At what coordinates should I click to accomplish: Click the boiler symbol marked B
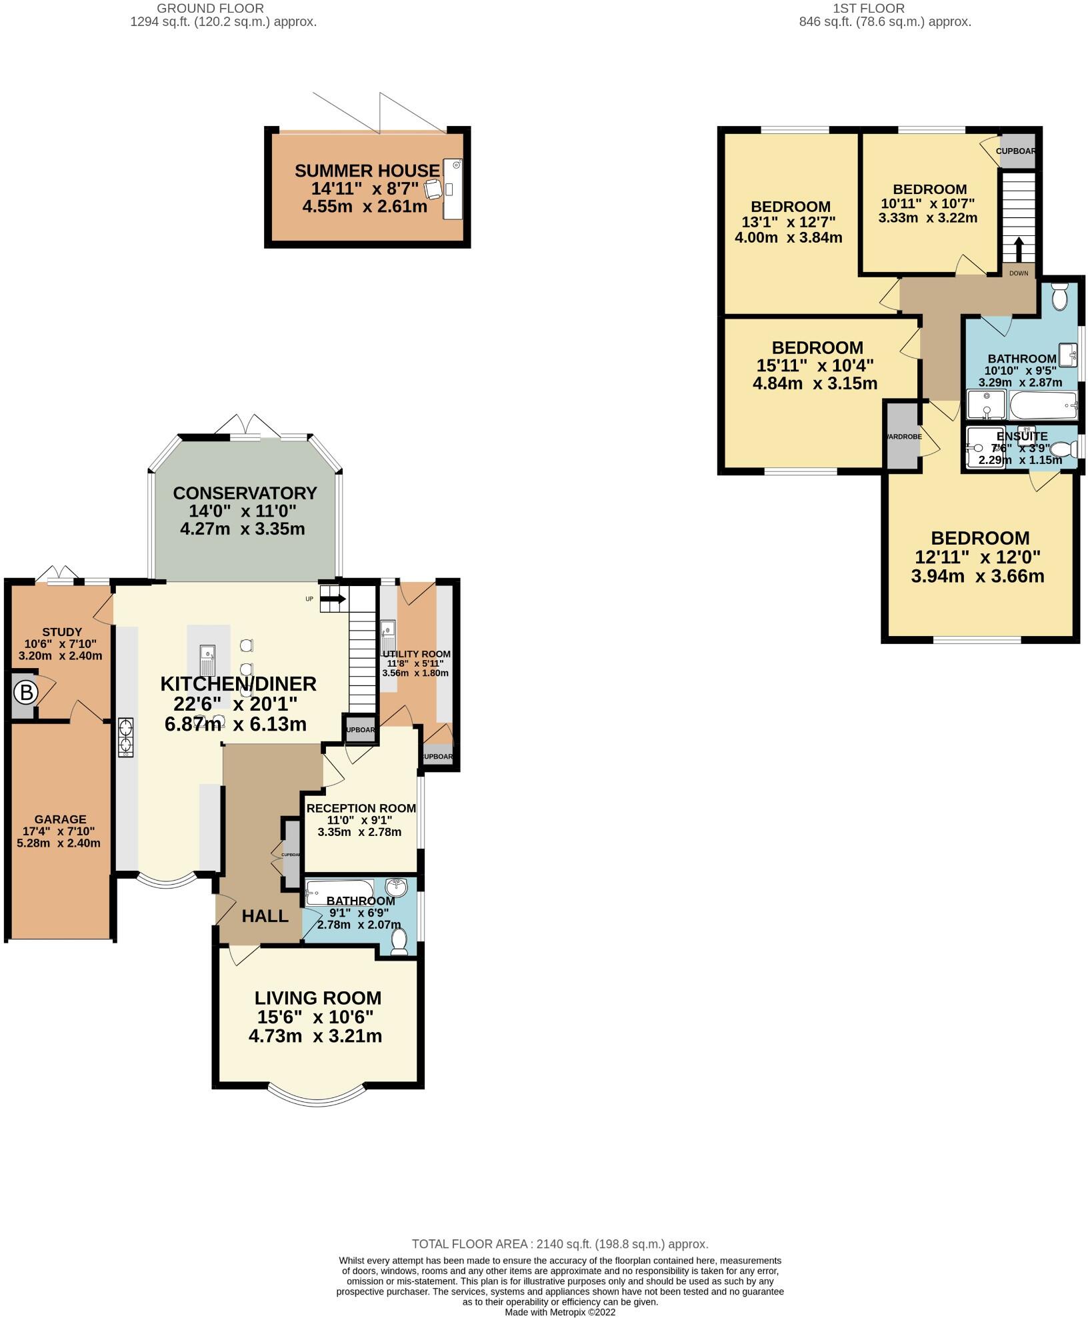point(26,693)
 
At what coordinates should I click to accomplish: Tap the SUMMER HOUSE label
point(367,171)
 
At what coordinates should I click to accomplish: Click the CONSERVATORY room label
point(245,493)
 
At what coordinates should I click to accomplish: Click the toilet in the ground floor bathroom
point(399,942)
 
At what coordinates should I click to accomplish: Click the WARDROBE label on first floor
point(903,437)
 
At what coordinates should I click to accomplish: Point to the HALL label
point(265,916)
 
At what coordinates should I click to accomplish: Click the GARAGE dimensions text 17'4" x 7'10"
point(60,831)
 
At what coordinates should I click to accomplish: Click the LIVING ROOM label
point(317,998)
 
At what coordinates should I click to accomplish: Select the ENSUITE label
point(1021,436)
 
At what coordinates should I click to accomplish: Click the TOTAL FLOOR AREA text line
point(559,1244)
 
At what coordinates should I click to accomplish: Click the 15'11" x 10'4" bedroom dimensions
point(815,365)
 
